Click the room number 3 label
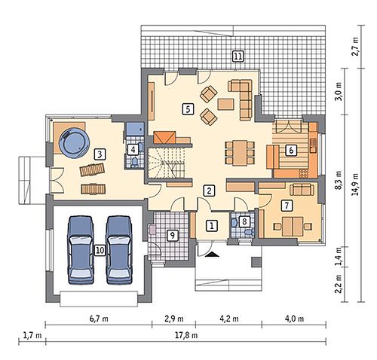tap(100, 154)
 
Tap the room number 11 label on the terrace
tap(238, 56)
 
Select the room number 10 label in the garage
tap(100, 250)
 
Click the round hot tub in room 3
tap(74, 142)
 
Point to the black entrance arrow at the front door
tap(213, 255)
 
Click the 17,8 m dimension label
tap(186, 335)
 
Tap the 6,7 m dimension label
tap(99, 319)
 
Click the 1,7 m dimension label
tap(32, 335)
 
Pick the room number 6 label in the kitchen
tap(291, 150)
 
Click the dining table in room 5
tap(240, 153)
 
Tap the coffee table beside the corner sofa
tap(226, 104)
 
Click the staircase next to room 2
tap(166, 163)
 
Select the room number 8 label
tap(244, 221)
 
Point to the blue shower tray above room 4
tap(135, 129)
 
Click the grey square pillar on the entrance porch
tap(256, 262)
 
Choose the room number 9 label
tap(172, 235)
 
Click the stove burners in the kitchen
tap(303, 173)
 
